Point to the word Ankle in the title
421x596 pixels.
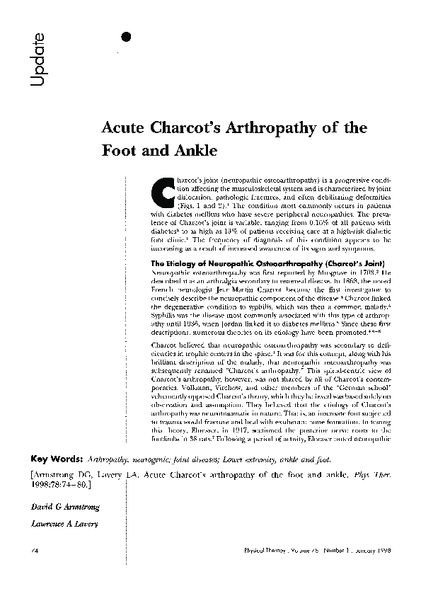pos(192,151)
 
